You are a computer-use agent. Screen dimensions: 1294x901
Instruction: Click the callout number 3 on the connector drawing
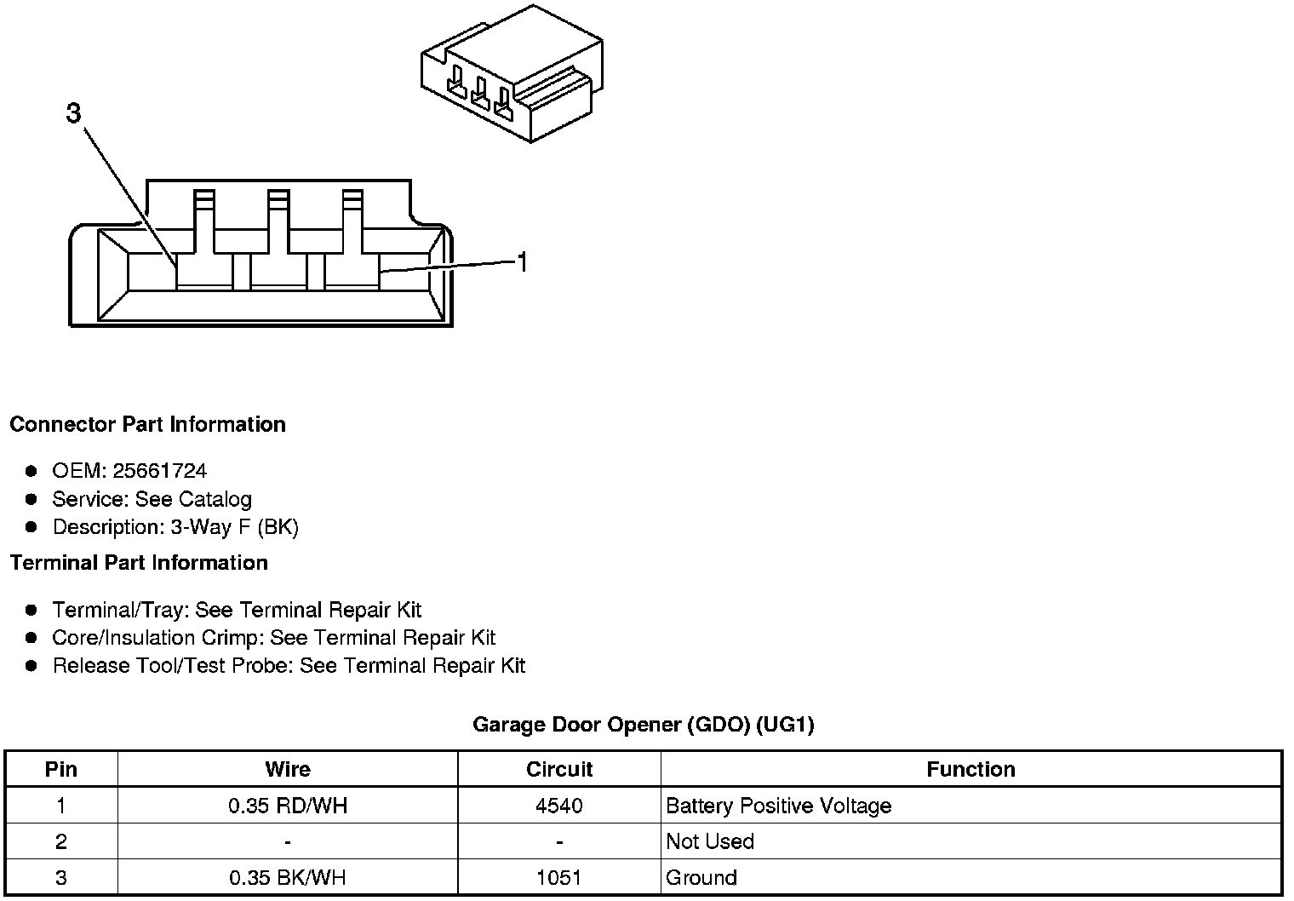[74, 113]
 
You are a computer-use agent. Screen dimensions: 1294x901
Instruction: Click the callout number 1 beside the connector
[523, 262]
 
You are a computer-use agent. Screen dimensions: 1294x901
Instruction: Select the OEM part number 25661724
[159, 471]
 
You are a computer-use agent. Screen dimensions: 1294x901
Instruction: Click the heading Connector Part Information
[147, 424]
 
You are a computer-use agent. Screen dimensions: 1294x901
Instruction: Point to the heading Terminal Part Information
[139, 563]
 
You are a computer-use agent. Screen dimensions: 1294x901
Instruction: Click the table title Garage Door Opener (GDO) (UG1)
[643, 725]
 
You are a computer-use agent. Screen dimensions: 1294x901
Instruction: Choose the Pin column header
[61, 770]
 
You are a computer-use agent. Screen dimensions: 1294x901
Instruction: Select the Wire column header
[288, 770]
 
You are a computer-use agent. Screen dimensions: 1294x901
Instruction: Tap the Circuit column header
[559, 770]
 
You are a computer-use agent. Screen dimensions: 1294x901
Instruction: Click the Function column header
[970, 770]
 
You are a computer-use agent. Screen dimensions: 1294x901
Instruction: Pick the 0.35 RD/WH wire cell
[288, 806]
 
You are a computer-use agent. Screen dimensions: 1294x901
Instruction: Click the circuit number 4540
[559, 806]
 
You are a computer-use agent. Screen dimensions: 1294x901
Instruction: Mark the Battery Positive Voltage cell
[778, 806]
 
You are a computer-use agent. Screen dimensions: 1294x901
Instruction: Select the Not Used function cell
[710, 841]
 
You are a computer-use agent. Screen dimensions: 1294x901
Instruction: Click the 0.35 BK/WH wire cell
[288, 877]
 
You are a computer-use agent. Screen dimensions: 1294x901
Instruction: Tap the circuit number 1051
[559, 877]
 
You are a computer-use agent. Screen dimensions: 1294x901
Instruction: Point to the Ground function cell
[701, 877]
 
